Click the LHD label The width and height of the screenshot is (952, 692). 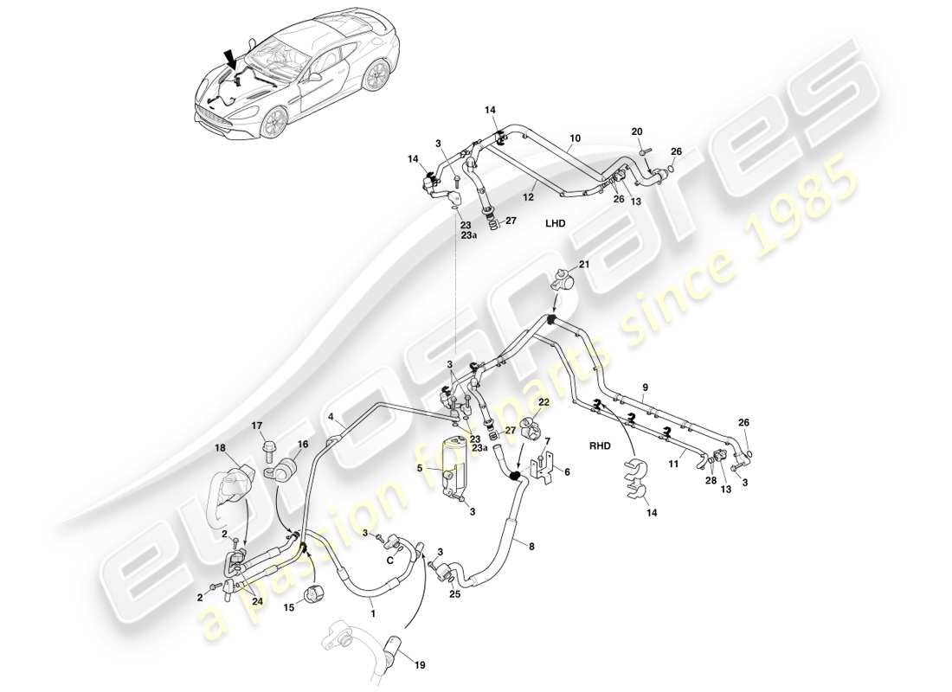(555, 222)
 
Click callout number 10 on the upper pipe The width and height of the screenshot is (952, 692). (575, 138)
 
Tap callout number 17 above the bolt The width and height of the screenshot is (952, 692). (257, 426)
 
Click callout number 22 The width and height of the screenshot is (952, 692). (543, 402)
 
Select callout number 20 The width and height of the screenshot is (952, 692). (637, 131)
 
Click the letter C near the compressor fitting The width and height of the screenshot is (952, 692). (391, 559)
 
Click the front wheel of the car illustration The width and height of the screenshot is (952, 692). (274, 124)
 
